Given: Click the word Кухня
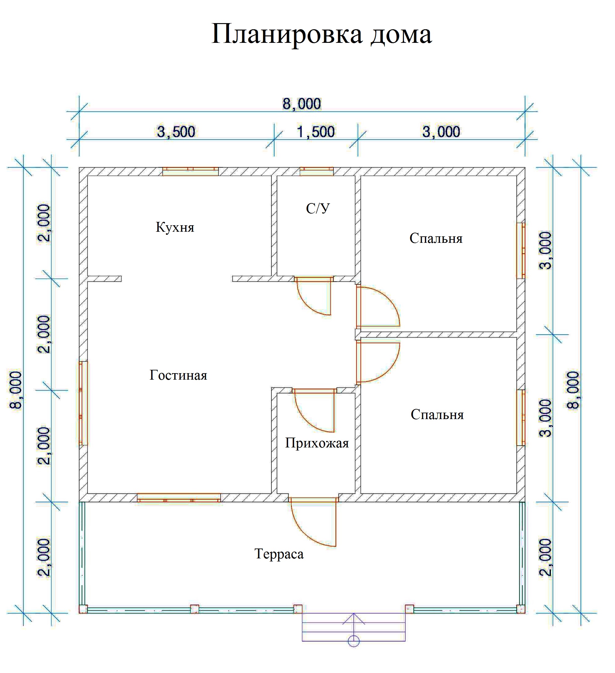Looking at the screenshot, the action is coord(175,227).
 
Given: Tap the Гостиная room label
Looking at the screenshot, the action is coord(178,375).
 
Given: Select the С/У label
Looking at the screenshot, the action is coord(318,208).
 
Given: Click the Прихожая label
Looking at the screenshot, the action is coord(317,443).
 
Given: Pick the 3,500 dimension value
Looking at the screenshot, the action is coord(176,132).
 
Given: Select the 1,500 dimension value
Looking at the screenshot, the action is coord(316,132).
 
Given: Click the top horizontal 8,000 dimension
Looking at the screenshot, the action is coord(302,104).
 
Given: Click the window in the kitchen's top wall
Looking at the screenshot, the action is coord(190,171).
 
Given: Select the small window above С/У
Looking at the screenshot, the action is coord(316,171).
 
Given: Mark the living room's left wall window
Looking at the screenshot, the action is coord(83,403).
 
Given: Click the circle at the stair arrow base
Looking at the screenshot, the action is coord(354,641).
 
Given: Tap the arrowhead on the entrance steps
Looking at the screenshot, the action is coord(354,618).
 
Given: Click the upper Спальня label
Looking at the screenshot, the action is coord(436,239).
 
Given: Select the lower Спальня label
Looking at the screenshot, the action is coord(437,415).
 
